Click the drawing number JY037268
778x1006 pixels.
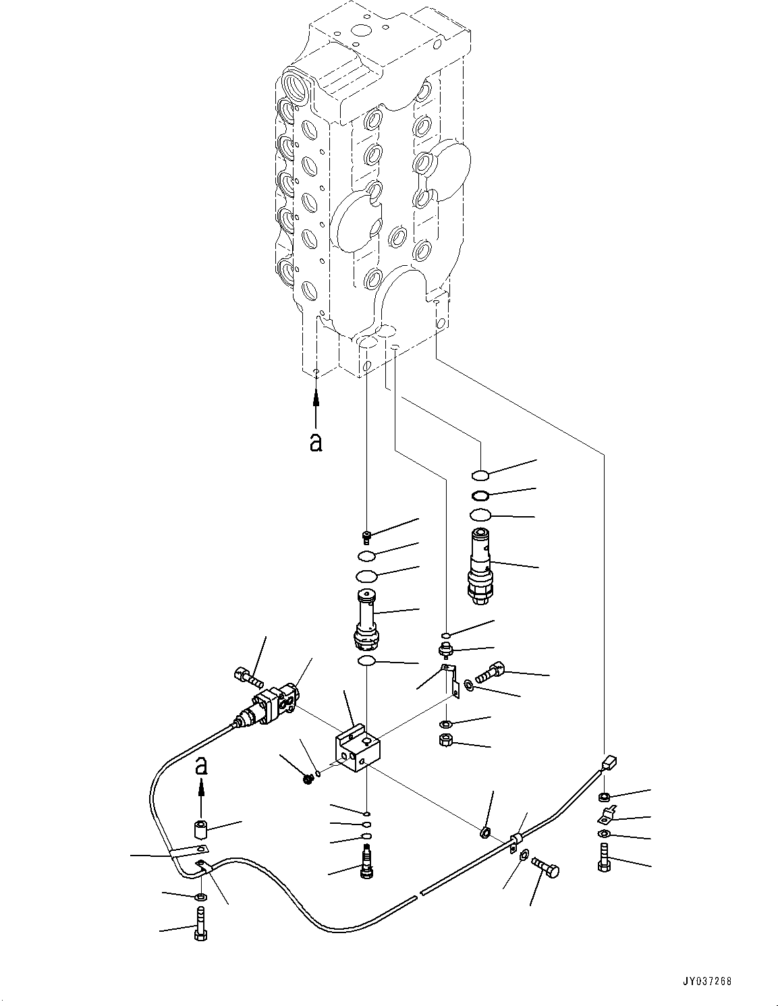click(706, 982)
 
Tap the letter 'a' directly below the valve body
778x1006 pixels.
click(315, 442)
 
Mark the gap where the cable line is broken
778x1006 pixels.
click(418, 894)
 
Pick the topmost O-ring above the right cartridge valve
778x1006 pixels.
click(480, 474)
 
